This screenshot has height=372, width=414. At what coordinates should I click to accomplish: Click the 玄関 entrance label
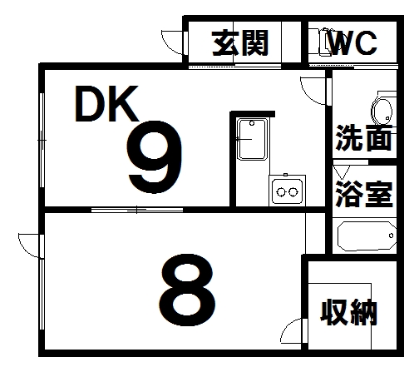point(240,43)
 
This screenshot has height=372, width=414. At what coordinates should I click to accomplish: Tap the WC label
point(352,43)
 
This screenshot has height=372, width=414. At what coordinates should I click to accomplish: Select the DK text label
point(106,103)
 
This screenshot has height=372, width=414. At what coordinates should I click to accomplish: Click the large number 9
point(155,156)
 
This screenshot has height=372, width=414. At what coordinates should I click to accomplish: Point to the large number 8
point(187,290)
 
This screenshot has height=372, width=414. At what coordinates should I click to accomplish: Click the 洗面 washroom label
point(364,137)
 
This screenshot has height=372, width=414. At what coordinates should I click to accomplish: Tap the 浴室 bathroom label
point(364,194)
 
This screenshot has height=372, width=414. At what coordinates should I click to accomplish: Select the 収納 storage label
point(349,312)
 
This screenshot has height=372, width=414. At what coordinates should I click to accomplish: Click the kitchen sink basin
point(252,139)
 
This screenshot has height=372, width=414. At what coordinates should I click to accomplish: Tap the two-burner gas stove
point(287,191)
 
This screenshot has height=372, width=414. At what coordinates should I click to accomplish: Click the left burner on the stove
point(281,191)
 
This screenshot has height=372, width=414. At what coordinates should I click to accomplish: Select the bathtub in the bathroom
point(367,236)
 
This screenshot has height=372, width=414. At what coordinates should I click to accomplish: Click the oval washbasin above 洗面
point(382,112)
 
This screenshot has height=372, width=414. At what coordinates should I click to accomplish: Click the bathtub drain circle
point(391,236)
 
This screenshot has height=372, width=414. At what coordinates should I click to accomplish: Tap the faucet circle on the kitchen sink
point(252,123)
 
